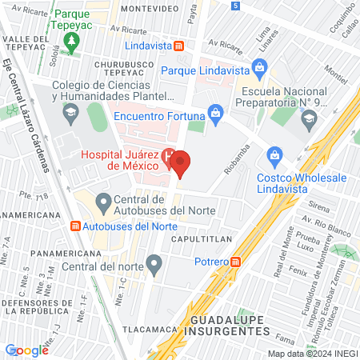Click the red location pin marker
tap(181, 163)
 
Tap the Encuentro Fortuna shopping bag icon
tap(214, 113)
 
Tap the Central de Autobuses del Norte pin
tap(103, 200)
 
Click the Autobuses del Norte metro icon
tap(76, 226)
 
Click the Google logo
tap(27, 350)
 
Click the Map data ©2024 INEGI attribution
tap(312, 354)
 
